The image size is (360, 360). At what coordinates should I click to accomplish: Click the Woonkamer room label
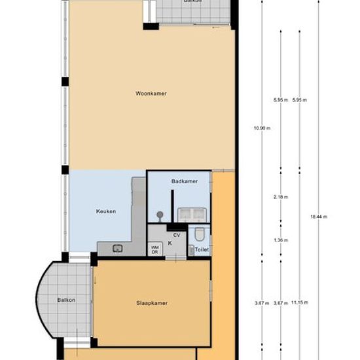tap(151, 94)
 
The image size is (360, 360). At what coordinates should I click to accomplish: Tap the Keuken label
tap(106, 211)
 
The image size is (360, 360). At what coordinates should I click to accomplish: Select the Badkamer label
tap(185, 181)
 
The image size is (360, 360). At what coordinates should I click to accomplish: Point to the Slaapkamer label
tap(152, 303)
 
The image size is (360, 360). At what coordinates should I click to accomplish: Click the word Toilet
tap(202, 249)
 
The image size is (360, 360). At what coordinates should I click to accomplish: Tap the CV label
tap(177, 235)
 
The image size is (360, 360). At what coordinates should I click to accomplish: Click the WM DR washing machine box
tap(155, 249)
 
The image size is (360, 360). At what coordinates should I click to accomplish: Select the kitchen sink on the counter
tap(118, 249)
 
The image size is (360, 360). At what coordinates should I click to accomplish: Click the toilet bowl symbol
tap(199, 234)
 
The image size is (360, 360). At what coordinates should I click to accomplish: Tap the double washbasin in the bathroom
tap(192, 215)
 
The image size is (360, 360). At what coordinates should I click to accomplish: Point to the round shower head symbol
tap(160, 215)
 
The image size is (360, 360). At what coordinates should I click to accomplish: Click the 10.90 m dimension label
tap(262, 128)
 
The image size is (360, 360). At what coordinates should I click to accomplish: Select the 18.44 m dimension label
tap(319, 217)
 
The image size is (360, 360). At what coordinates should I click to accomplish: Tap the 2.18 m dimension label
tap(281, 197)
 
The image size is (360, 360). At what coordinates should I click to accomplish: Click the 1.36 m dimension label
tap(281, 240)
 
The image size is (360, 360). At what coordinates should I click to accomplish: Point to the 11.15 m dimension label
tap(300, 302)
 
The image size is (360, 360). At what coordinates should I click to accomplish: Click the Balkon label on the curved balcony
tap(66, 300)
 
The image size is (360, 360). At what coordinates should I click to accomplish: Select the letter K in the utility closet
tap(170, 243)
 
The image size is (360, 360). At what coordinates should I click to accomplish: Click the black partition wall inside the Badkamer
tap(172, 206)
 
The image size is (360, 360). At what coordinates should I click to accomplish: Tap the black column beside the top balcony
tap(151, 26)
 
